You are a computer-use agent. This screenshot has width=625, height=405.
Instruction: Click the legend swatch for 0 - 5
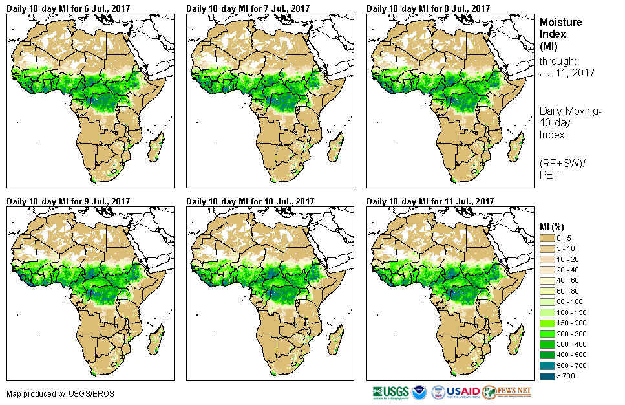pyautogui.click(x=546, y=239)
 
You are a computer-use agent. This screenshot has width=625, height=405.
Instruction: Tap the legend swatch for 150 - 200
pyautogui.click(x=546, y=322)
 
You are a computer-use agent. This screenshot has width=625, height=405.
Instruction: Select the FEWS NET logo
pyautogui.click(x=507, y=392)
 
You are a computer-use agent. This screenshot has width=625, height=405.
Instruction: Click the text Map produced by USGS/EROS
pyautogui.click(x=46, y=393)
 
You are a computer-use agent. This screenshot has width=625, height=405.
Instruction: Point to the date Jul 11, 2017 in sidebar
pyautogui.click(x=567, y=73)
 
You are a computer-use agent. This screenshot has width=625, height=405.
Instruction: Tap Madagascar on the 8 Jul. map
pyautogui.click(x=516, y=148)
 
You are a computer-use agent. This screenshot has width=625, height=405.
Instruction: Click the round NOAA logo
pyautogui.click(x=419, y=392)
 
